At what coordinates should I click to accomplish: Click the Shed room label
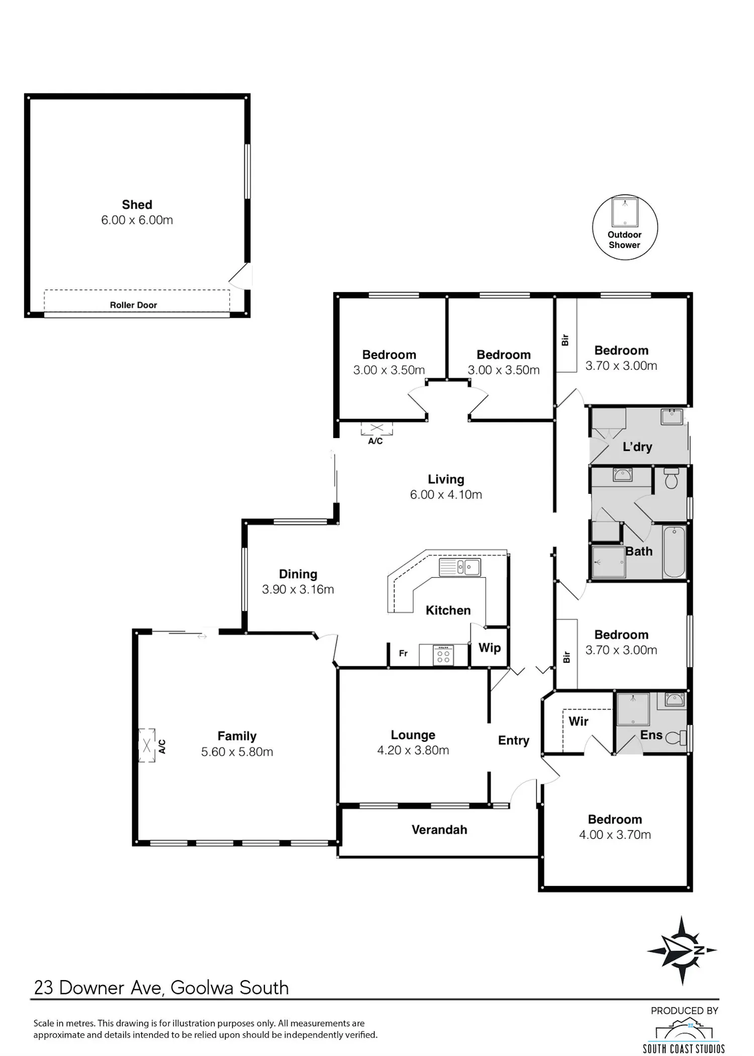pyautogui.click(x=137, y=205)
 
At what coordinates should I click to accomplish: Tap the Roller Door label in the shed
pyautogui.click(x=134, y=305)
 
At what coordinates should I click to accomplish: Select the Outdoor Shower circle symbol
pyautogui.click(x=625, y=227)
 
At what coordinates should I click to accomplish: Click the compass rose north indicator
pyautogui.click(x=682, y=950)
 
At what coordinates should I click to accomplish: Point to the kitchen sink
pyautogui.click(x=460, y=567)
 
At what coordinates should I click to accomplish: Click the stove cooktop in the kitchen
pyautogui.click(x=443, y=655)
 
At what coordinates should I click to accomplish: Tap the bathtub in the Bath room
pyautogui.click(x=674, y=552)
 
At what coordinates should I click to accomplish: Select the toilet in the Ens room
pyautogui.click(x=677, y=738)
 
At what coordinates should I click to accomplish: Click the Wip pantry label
pyautogui.click(x=490, y=648)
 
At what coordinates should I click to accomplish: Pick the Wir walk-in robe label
pyautogui.click(x=579, y=722)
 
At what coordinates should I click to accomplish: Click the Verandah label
pyautogui.click(x=439, y=830)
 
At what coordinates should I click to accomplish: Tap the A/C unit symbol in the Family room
pyautogui.click(x=147, y=746)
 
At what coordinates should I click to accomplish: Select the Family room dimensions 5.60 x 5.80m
pyautogui.click(x=237, y=752)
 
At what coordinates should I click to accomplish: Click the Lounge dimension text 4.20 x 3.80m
pyautogui.click(x=413, y=750)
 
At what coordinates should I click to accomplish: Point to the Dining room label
pyautogui.click(x=298, y=574)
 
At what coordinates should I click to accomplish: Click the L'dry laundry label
pyautogui.click(x=637, y=447)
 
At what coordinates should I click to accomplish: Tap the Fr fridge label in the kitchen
pyautogui.click(x=403, y=654)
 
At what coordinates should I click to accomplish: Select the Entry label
pyautogui.click(x=514, y=741)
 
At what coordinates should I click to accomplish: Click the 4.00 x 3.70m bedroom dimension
pyautogui.click(x=615, y=835)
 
